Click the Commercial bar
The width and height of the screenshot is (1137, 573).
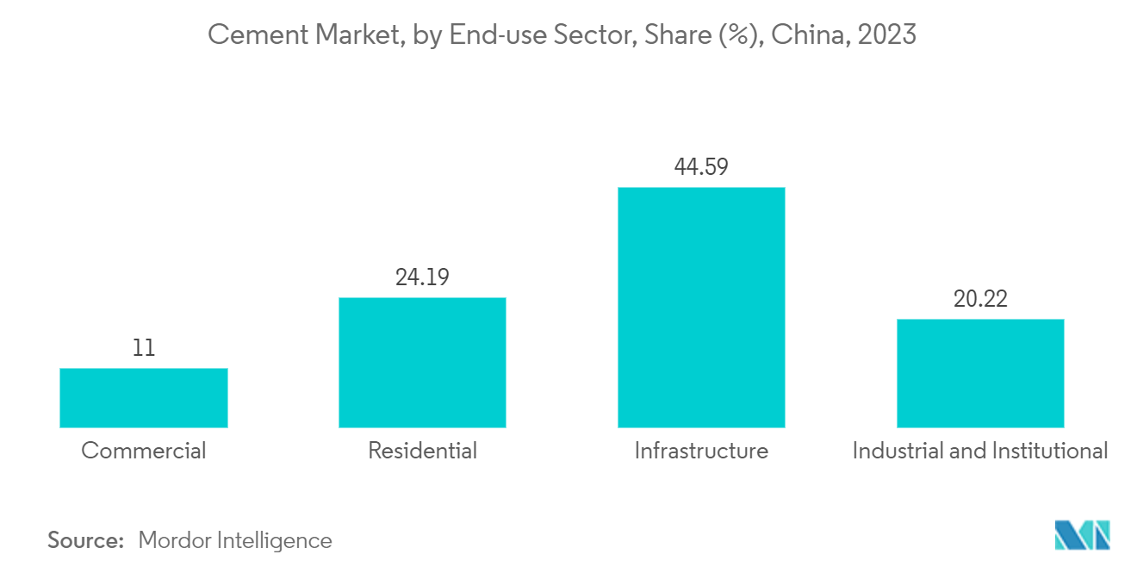144,397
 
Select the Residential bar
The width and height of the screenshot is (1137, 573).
422,362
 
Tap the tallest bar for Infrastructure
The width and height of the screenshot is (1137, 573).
701,307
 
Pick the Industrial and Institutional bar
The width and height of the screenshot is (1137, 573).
980,373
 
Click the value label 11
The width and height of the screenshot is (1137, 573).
144,348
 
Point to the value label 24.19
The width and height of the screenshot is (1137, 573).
422,277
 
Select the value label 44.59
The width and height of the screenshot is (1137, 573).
701,167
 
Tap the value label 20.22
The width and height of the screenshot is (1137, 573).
980,299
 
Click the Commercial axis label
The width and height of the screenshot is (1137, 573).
144,451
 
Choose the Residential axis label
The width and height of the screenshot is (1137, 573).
422,451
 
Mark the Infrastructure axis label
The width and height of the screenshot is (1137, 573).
701,451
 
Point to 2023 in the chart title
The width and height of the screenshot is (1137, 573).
888,35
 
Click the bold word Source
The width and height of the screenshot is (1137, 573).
86,540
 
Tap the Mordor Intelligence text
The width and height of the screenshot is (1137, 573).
235,540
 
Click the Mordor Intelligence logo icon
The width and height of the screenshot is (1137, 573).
1082,535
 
